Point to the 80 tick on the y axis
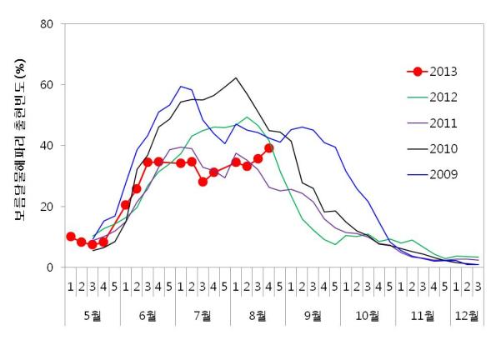tap(48, 23)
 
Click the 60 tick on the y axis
tap(48, 84)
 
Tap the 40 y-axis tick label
tap(48, 145)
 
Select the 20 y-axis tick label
tap(48, 207)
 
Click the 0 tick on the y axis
tap(51, 267)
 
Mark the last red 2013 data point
tap(269, 148)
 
